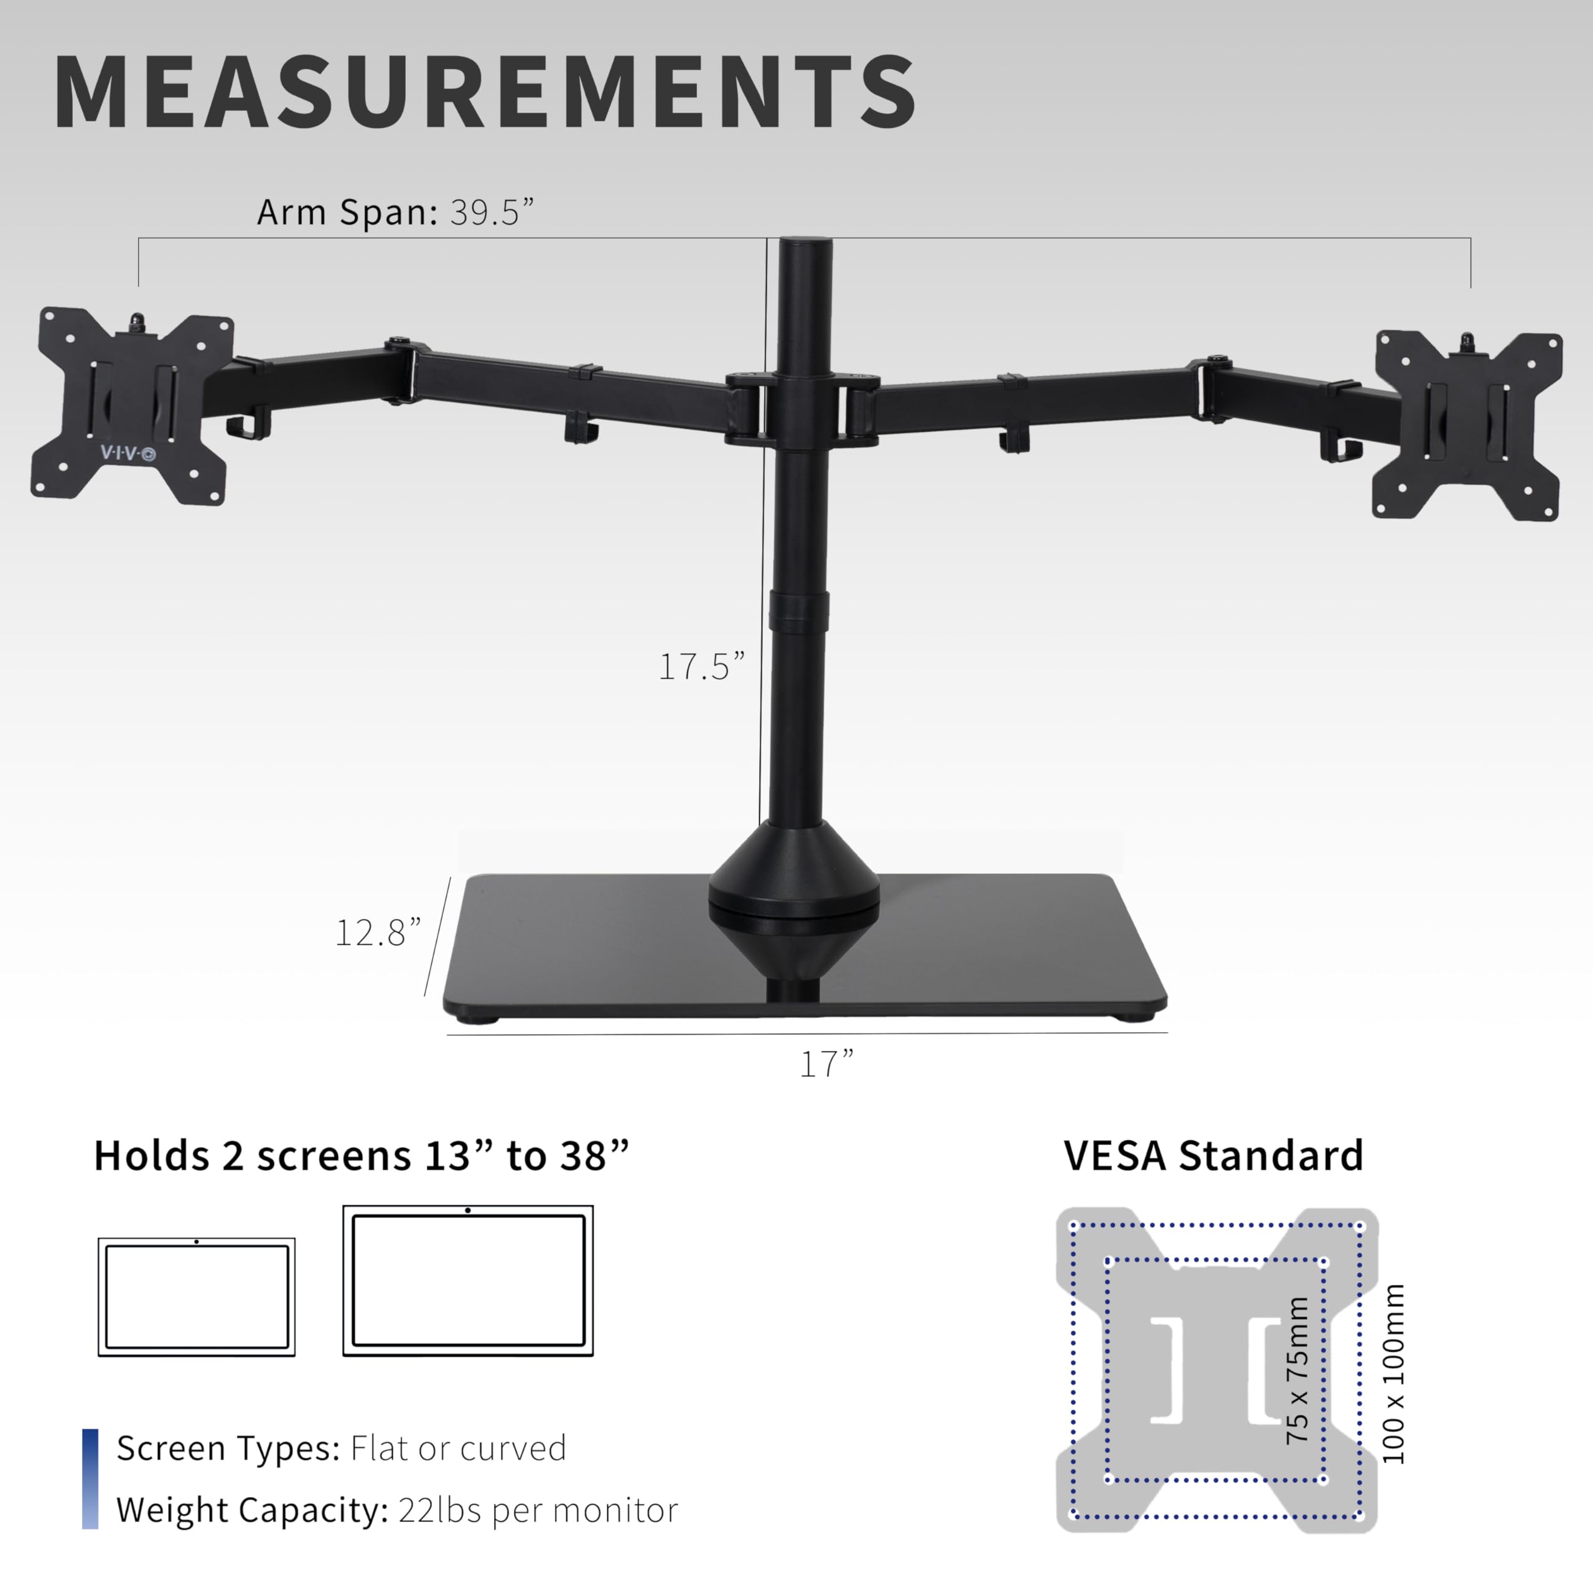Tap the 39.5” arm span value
[492, 213]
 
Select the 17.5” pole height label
[701, 666]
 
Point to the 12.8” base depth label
[378, 933]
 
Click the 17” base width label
[826, 1063]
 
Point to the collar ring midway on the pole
[797, 611]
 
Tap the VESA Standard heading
[1213, 1155]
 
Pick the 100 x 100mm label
[1393, 1375]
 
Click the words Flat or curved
[459, 1448]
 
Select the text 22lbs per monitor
[538, 1510]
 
